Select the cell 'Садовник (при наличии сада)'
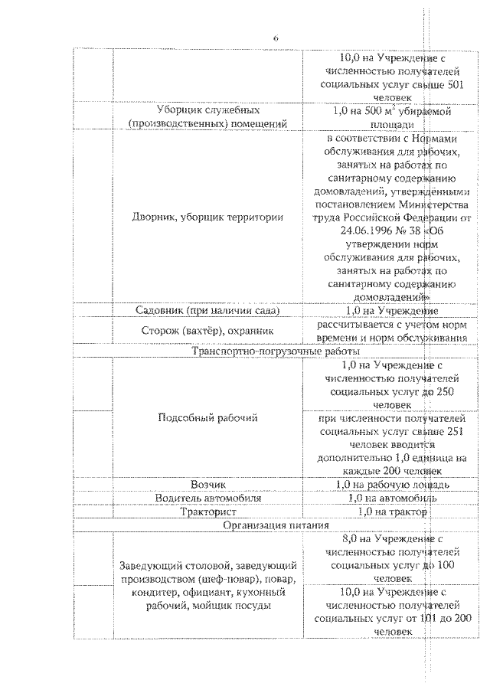(x=207, y=311)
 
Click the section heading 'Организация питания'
(x=276, y=526)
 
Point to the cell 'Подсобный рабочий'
(x=207, y=418)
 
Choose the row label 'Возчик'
(x=207, y=484)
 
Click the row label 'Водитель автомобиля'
(x=207, y=498)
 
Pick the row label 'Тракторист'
(x=207, y=512)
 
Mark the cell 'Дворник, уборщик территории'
(x=207, y=217)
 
